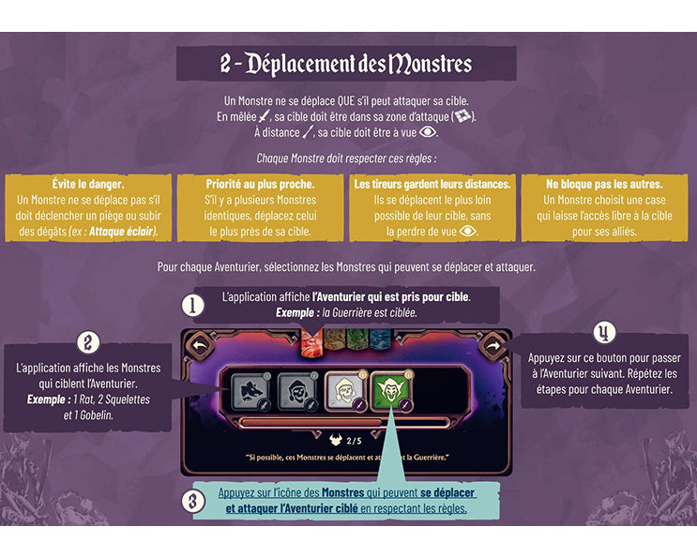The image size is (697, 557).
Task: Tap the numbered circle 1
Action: (x=193, y=306)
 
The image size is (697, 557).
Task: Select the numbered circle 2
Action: (x=87, y=343)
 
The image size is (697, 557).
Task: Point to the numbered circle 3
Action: (x=193, y=502)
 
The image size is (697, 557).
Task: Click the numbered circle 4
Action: (x=604, y=333)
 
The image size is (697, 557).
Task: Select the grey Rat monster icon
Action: (x=251, y=391)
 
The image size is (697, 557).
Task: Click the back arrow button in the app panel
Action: (x=200, y=346)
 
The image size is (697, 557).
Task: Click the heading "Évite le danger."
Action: (x=88, y=184)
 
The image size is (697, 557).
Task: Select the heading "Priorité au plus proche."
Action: (x=260, y=184)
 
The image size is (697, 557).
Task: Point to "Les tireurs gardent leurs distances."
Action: (x=432, y=184)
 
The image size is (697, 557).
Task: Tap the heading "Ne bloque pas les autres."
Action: (x=604, y=184)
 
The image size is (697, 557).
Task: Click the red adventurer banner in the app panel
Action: (x=311, y=342)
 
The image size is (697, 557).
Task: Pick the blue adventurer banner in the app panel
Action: (x=380, y=340)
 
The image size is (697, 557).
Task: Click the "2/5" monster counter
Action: (x=355, y=441)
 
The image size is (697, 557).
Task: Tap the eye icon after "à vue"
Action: (x=428, y=132)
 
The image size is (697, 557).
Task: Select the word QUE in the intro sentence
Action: (x=346, y=101)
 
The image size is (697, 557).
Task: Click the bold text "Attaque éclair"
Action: (x=122, y=232)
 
